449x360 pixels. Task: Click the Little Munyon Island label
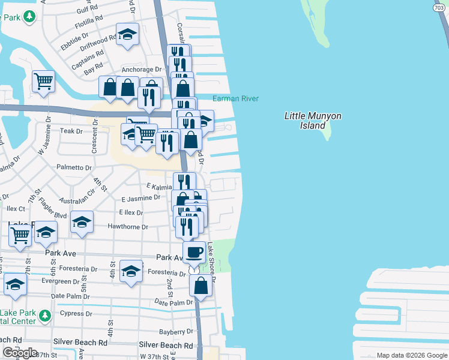(305, 121)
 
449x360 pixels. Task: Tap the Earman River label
(235, 98)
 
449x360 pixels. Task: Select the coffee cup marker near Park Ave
(193, 253)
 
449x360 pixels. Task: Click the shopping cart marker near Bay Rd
(43, 81)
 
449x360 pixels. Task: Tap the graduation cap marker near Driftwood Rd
(127, 35)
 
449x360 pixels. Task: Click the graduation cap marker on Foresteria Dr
(131, 271)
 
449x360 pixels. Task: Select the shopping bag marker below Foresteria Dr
(200, 286)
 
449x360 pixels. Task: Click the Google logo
(20, 353)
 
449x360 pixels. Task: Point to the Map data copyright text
(411, 355)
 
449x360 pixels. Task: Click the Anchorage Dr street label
(142, 70)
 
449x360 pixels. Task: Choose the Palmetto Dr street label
(74, 168)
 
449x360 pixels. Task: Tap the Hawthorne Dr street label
(128, 227)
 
